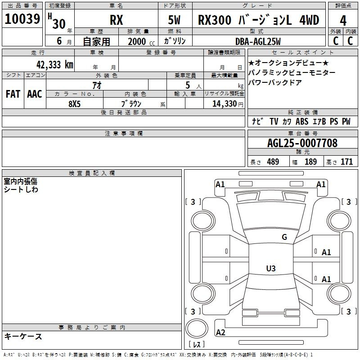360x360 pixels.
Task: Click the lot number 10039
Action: coord(22,19)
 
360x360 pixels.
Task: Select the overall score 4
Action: coord(343,20)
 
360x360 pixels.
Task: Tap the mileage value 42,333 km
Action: coord(54,65)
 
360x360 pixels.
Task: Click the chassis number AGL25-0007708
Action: coord(302,143)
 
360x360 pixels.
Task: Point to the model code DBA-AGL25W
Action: coord(258,41)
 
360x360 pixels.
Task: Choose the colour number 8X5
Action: coord(74,104)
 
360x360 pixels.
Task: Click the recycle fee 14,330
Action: coord(224,104)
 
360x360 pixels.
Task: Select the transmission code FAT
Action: coord(13,94)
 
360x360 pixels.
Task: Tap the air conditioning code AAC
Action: coord(35,94)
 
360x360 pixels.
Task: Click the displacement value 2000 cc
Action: coord(141,42)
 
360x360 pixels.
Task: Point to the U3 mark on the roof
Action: coord(271,268)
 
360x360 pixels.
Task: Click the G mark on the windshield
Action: coord(284,237)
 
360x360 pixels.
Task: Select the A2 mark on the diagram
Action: coord(220,333)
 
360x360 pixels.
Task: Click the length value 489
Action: coord(273,162)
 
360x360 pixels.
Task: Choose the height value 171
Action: coord(346,162)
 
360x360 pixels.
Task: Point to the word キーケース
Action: coord(23,337)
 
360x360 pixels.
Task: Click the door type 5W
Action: coord(174,20)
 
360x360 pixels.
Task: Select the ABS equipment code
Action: coord(302,121)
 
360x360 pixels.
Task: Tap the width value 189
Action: coord(310,162)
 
